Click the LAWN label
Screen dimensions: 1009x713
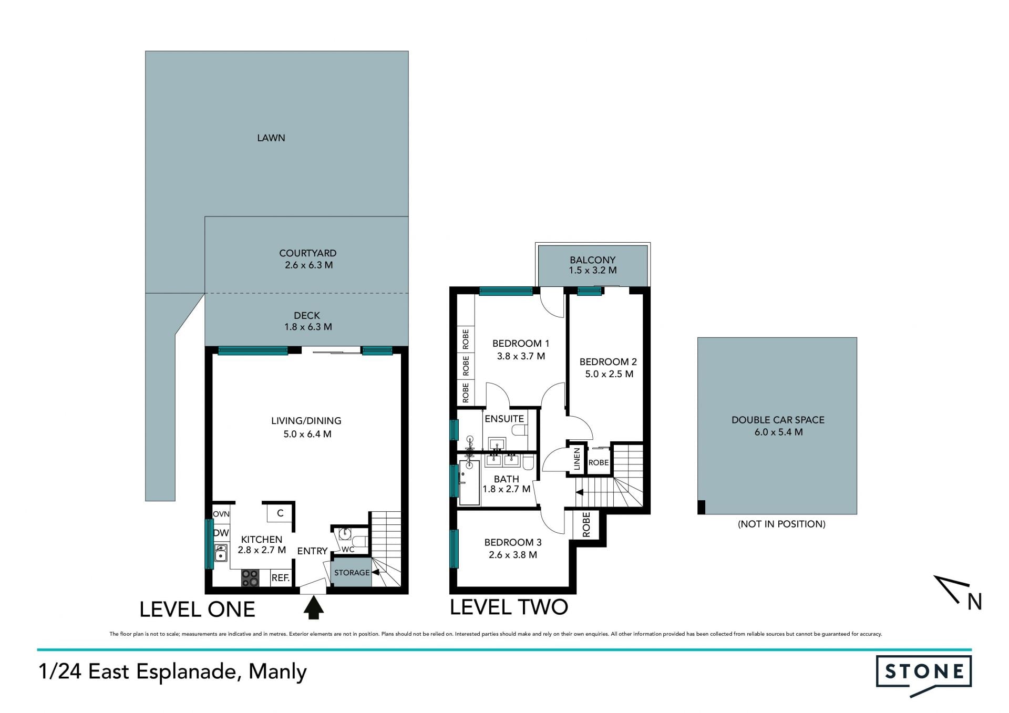point(271,138)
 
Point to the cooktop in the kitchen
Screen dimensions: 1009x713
point(250,578)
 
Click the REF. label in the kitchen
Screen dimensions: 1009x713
point(281,578)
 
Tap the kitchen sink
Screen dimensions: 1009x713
point(221,553)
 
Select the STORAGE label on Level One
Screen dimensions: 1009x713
point(352,573)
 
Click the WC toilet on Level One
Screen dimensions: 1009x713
point(360,541)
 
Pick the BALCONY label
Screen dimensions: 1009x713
point(592,260)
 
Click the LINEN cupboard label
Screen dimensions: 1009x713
point(577,459)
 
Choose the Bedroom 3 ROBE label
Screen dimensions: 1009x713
point(586,524)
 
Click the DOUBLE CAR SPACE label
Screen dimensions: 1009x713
point(778,420)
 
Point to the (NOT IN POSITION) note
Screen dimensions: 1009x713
point(781,524)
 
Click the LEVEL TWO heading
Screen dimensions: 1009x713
point(509,607)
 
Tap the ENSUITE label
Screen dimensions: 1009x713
point(504,419)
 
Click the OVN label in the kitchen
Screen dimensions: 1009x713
point(221,514)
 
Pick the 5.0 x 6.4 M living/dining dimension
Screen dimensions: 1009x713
point(307,434)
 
